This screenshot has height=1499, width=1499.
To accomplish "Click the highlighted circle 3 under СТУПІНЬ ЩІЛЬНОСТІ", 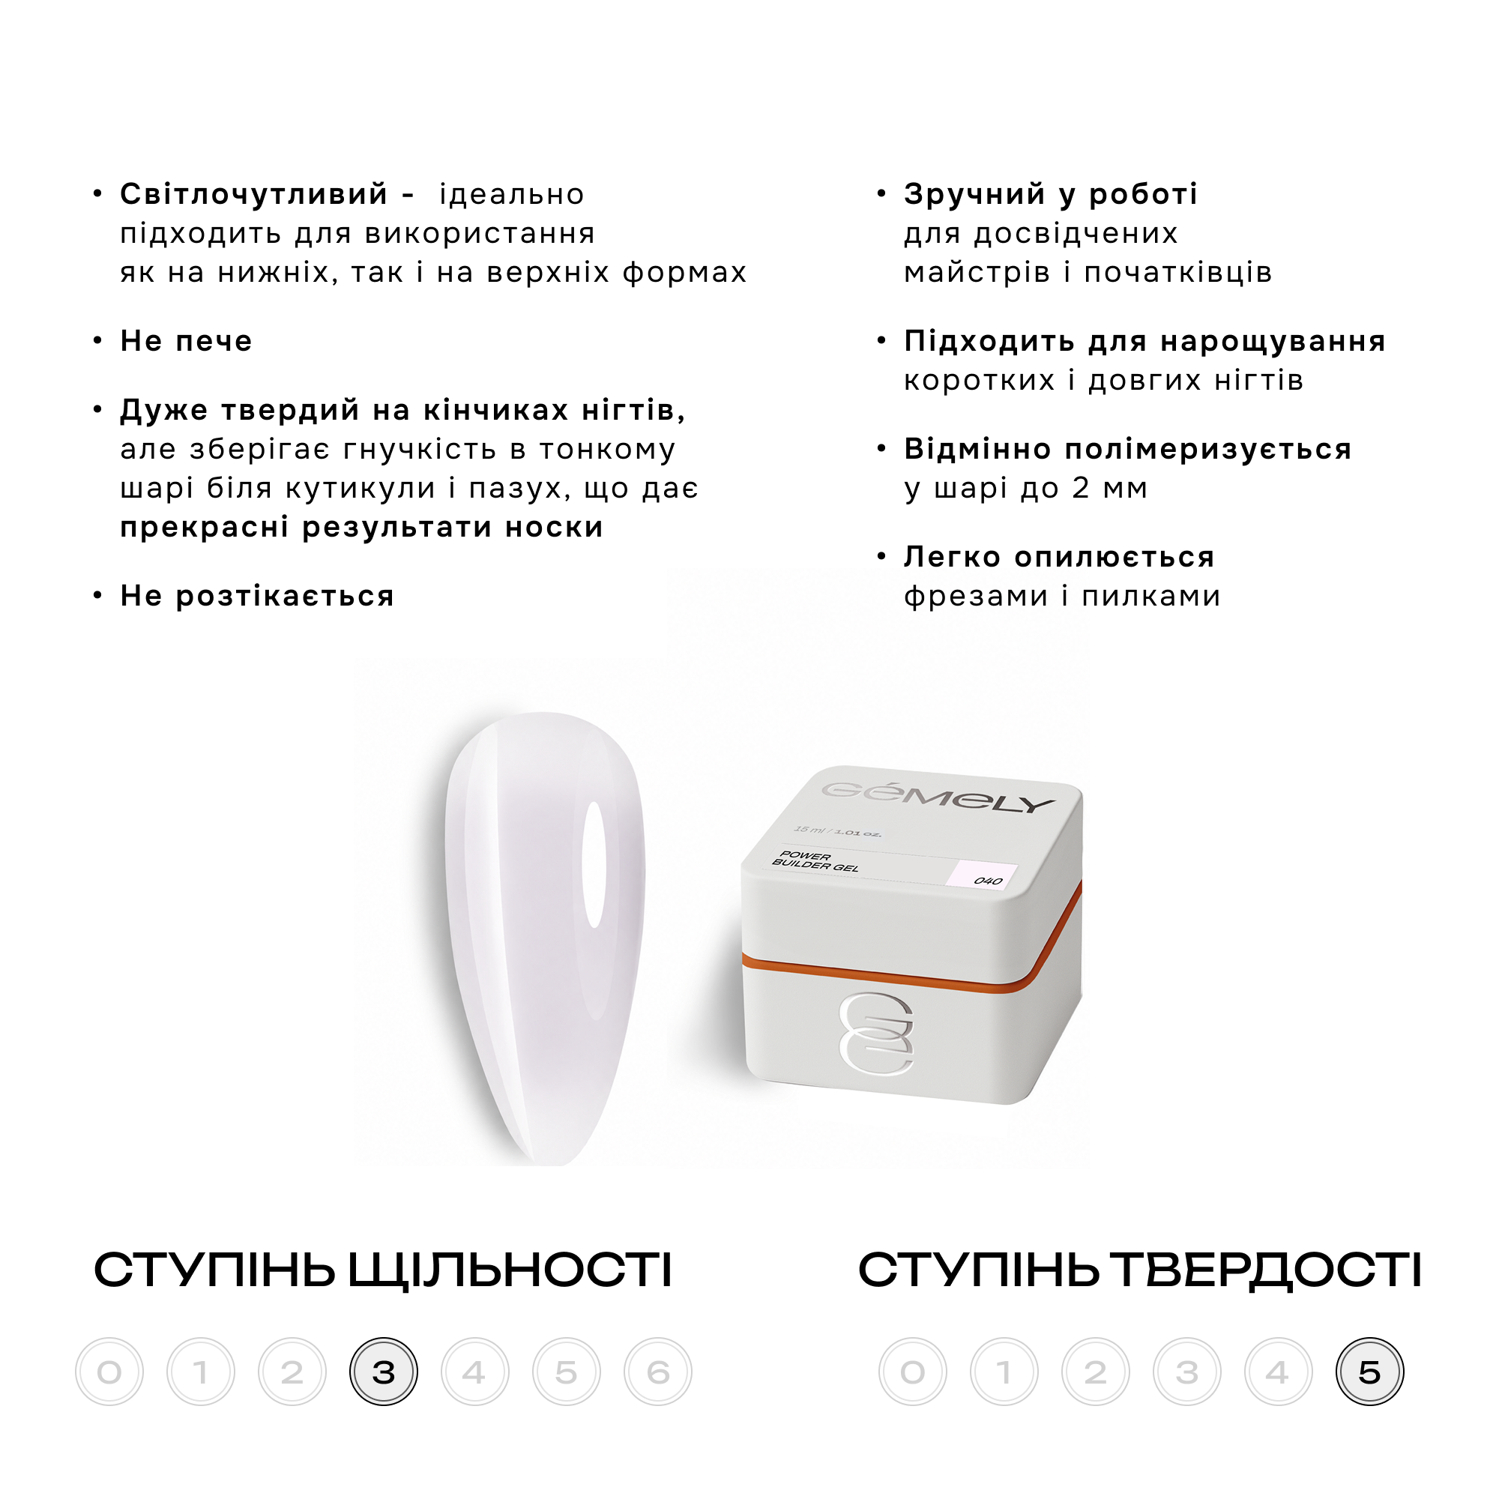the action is [383, 1371].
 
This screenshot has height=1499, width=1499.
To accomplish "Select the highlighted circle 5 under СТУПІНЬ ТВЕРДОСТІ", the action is [1369, 1371].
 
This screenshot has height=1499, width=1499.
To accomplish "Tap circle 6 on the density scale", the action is [658, 1371].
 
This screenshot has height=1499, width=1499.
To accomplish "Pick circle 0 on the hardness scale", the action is [913, 1371].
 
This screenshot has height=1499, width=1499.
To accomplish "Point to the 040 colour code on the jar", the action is [988, 881].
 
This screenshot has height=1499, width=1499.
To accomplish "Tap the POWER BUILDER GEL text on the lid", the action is [815, 861].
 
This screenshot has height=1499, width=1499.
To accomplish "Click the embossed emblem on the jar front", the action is [876, 1034].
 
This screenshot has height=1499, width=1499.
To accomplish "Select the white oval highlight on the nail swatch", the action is [594, 864].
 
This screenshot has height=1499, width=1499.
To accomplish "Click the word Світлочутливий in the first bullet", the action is [254, 194].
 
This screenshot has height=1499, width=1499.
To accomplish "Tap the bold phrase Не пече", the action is [186, 340].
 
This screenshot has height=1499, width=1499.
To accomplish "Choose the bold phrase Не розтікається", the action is [257, 596].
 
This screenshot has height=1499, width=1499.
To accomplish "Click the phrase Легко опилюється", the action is [1059, 556].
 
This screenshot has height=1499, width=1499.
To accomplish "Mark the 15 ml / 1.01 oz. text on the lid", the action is [838, 831].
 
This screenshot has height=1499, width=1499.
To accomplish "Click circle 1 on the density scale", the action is [201, 1371].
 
